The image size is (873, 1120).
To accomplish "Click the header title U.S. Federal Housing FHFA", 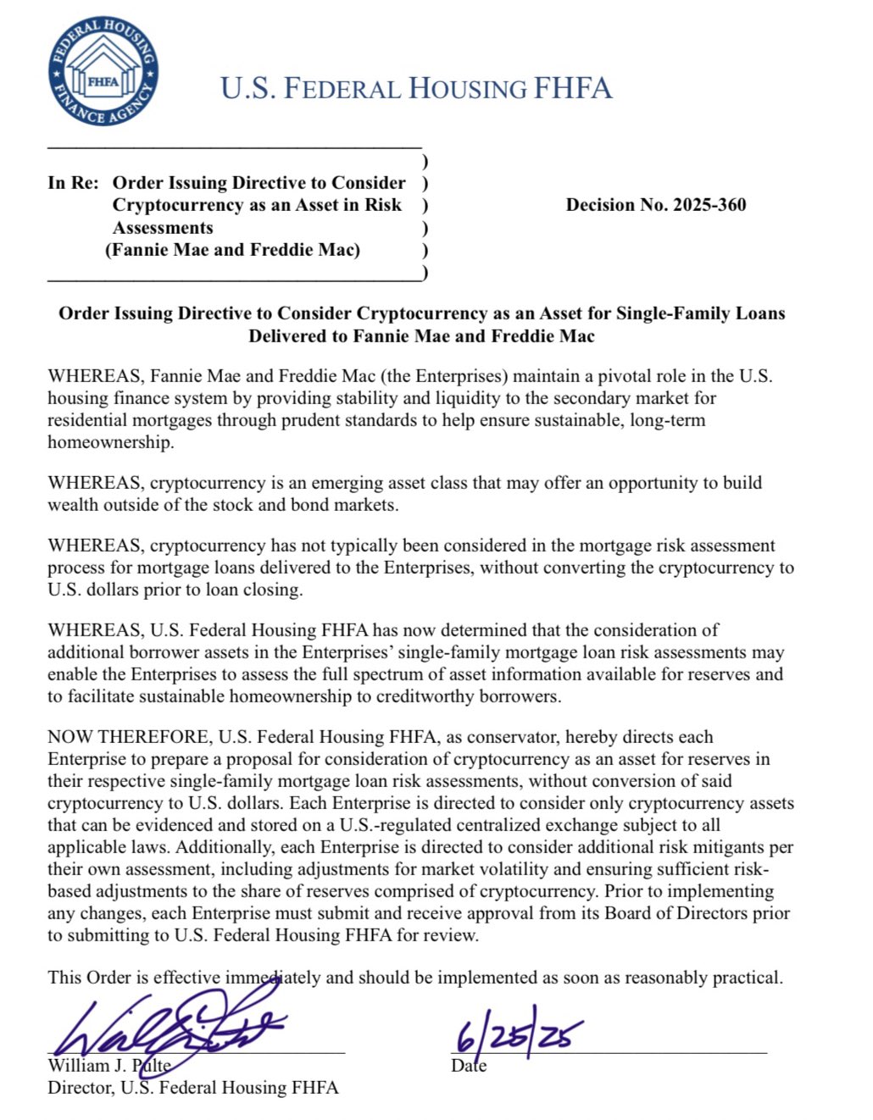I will [x=415, y=88].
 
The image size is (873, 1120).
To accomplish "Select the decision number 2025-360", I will [x=655, y=205].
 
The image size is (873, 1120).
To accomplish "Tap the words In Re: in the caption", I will [x=73, y=183].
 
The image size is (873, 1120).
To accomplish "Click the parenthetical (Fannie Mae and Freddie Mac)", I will [x=233, y=250].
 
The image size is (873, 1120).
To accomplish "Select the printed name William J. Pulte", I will [x=109, y=1066].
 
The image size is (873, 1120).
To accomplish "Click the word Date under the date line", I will [x=469, y=1066].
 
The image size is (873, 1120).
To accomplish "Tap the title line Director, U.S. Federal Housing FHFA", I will [x=192, y=1088].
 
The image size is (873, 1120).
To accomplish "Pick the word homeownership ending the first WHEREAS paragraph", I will [x=110, y=442].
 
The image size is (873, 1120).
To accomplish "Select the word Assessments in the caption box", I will [x=163, y=228].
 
